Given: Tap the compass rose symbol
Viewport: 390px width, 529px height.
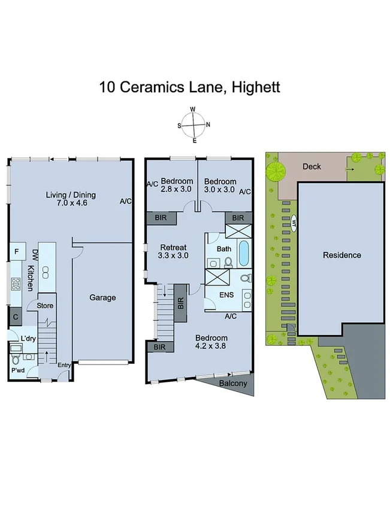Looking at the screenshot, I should (x=194, y=125).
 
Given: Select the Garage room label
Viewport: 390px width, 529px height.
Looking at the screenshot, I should (x=102, y=297).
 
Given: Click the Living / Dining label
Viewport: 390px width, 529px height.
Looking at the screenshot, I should (x=71, y=194).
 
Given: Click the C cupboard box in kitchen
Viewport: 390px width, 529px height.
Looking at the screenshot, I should (x=15, y=318).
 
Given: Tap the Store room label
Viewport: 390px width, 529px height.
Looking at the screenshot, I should (x=46, y=306).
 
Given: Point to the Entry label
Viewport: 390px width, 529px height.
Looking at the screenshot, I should (x=64, y=366).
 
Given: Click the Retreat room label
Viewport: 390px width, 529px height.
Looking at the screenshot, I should (x=174, y=248).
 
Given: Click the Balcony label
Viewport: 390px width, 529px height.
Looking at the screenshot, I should (x=232, y=383).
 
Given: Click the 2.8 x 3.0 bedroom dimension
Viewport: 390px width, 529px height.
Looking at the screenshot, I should (x=177, y=190).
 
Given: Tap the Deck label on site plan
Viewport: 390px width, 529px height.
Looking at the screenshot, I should (x=312, y=167).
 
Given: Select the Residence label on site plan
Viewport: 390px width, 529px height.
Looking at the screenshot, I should (x=342, y=255).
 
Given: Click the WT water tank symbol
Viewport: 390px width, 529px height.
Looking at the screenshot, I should (x=294, y=224).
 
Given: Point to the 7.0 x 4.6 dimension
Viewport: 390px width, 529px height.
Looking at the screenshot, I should (x=71, y=203).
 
